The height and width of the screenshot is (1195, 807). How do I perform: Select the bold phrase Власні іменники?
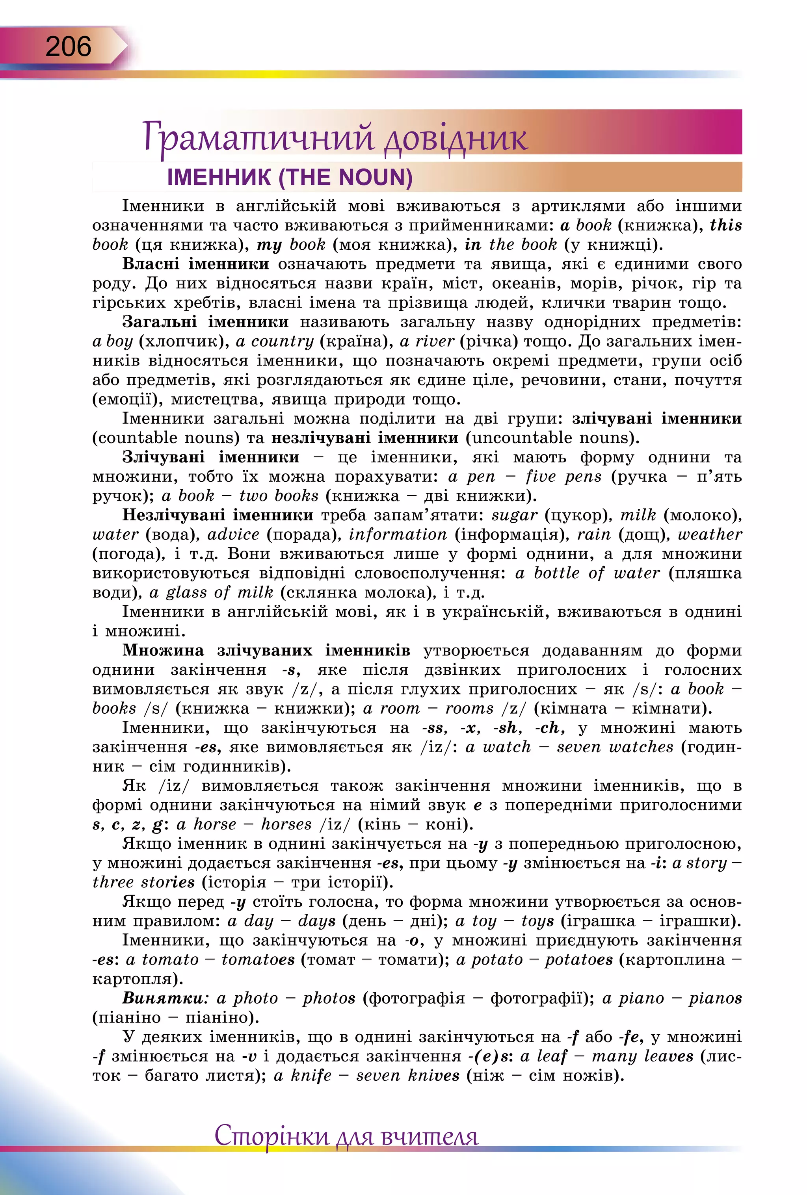pyautogui.click(x=195, y=264)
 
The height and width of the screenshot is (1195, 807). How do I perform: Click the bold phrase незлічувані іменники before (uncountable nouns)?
pyautogui.click(x=364, y=438)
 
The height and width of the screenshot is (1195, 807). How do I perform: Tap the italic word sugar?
pyautogui.click(x=514, y=515)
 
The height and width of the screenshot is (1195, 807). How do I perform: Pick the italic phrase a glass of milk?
pyautogui.click(x=211, y=593)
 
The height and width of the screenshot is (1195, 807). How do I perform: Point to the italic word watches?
pyautogui.click(x=641, y=747)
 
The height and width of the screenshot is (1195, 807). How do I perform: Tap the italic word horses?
pyautogui.click(x=286, y=825)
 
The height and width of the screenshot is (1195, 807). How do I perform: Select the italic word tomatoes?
pyautogui.click(x=258, y=960)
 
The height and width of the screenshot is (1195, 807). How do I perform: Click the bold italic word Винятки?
pyautogui.click(x=164, y=998)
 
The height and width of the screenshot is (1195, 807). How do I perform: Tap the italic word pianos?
pyautogui.click(x=715, y=998)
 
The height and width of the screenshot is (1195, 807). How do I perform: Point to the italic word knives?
pyautogui.click(x=433, y=1076)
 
